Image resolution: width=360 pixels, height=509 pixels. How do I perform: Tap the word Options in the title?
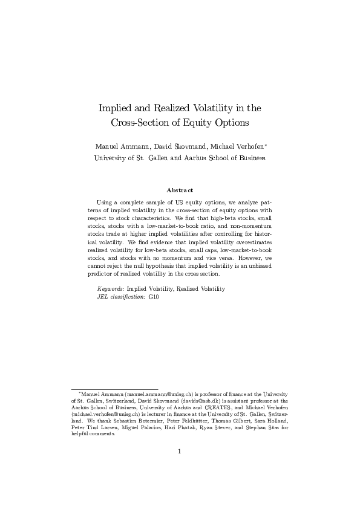pos(232,123)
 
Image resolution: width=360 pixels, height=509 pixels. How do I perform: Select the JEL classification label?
pos(121,297)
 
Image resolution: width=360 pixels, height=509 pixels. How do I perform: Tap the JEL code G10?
pos(153,297)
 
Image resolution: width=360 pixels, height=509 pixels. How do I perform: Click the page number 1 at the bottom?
pos(180,451)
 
